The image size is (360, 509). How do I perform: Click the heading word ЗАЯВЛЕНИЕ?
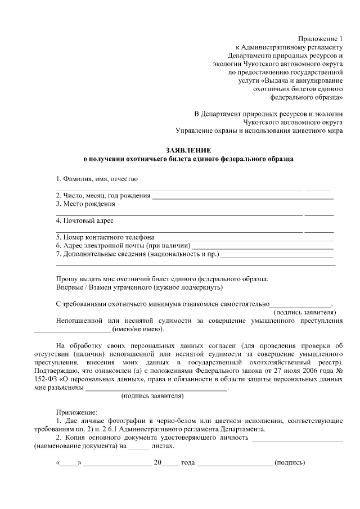click(188, 150)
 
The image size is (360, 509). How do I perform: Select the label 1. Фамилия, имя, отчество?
click(97, 179)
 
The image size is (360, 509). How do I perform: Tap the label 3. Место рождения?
click(85, 204)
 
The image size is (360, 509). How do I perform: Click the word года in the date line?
click(187, 463)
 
